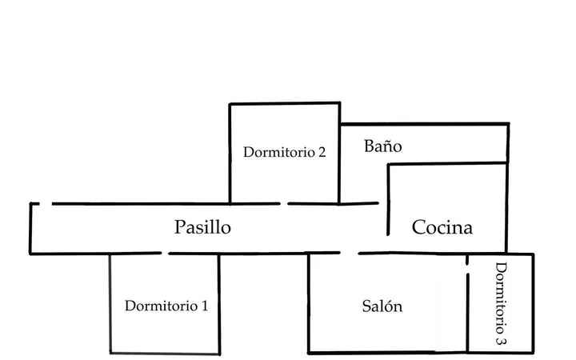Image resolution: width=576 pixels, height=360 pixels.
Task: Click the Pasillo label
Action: [202, 227]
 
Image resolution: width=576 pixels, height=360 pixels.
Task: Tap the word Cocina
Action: [442, 227]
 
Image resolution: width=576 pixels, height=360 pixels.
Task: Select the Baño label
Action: [382, 146]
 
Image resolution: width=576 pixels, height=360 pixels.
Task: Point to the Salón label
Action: [382, 306]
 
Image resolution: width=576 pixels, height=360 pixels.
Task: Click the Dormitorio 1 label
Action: [166, 306]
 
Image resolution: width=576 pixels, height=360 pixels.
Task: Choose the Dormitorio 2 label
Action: [284, 152]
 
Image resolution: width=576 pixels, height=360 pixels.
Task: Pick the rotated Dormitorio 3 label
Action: [501, 303]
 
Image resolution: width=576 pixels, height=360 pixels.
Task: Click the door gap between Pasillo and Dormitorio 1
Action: [165, 253]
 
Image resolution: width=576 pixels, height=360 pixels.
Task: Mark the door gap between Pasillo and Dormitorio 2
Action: [284, 203]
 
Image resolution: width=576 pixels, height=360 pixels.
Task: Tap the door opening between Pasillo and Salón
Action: [350, 253]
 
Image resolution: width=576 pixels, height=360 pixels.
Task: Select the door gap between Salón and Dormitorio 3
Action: [467, 269]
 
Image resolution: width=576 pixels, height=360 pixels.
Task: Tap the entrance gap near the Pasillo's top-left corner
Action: [46, 203]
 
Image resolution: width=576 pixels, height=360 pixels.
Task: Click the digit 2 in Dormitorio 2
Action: [322, 153]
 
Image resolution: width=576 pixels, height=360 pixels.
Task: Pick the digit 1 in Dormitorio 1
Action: [205, 306]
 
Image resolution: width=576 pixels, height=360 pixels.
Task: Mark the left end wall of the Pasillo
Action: [30, 228]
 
